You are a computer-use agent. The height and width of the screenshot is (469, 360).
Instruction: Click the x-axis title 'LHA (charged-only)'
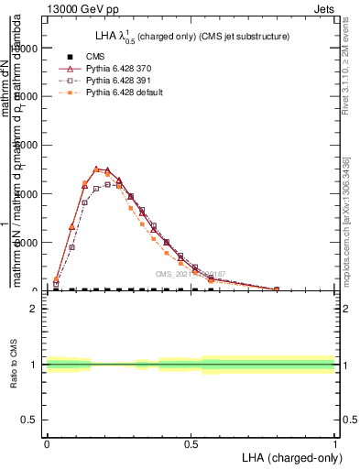[288, 455]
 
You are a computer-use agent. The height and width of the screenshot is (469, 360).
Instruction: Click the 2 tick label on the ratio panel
[34, 309]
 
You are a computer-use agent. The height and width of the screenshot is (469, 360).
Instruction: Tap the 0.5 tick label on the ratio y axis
[30, 420]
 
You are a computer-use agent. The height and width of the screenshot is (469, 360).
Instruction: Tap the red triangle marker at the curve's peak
[96, 169]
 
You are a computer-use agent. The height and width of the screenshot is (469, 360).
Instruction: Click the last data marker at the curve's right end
[277, 289]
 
